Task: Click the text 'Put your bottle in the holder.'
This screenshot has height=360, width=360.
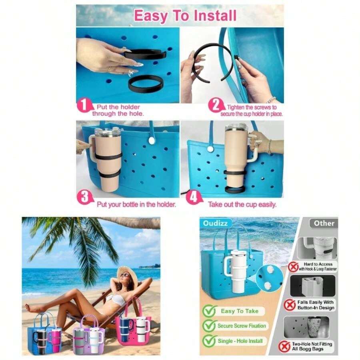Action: tap(136, 204)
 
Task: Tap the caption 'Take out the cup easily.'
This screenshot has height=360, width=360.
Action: tap(242, 204)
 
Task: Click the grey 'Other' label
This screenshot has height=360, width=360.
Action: tap(324, 223)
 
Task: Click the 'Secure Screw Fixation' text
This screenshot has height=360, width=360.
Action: tap(242, 326)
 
